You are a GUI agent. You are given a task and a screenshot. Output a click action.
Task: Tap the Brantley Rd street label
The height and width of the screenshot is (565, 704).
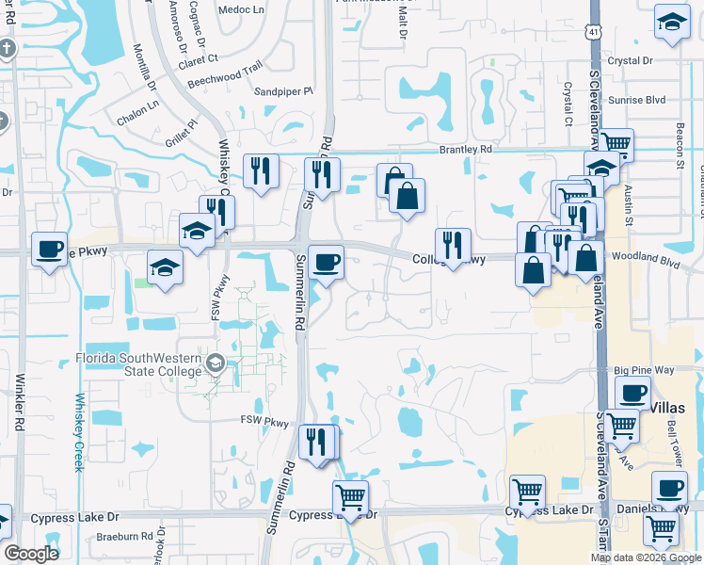pos(465,150)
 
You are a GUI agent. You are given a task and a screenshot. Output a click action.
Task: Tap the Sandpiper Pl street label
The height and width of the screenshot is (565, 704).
pos(283,92)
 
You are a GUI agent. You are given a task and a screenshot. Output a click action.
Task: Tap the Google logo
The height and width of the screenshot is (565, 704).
pos(31,554)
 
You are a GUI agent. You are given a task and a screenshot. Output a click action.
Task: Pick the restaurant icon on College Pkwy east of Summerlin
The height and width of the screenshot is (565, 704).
pos(453,245)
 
